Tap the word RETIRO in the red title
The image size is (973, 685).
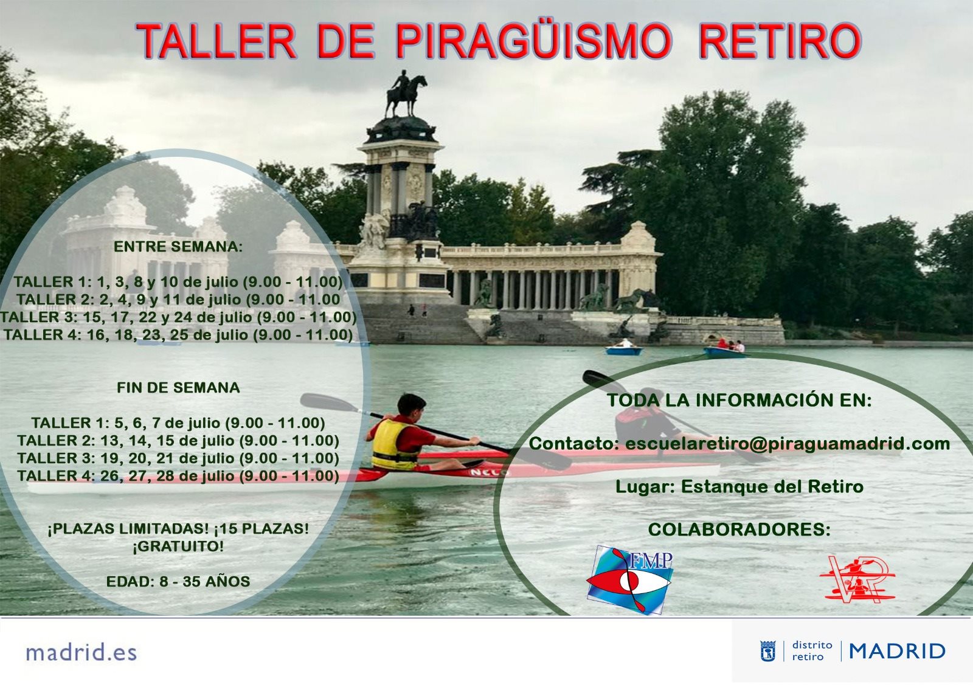tap(780, 41)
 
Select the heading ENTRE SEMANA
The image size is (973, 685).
tap(178, 247)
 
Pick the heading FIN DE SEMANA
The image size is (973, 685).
tap(178, 388)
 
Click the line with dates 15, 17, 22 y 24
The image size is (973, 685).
tap(178, 317)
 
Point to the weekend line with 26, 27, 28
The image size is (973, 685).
tap(178, 476)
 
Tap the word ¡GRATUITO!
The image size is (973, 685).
tap(178, 546)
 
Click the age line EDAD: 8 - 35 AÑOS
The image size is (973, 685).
tap(178, 582)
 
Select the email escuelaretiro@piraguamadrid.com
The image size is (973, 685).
tap(788, 444)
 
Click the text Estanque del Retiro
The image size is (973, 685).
tap(772, 487)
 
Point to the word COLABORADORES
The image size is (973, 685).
tap(739, 529)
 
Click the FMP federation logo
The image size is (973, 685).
tap(629, 579)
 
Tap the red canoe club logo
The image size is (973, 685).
tap(857, 580)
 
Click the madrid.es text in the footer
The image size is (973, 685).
tap(81, 652)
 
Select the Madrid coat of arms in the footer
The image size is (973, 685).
tap(768, 651)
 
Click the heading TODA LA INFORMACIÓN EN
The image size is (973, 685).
tap(739, 400)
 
